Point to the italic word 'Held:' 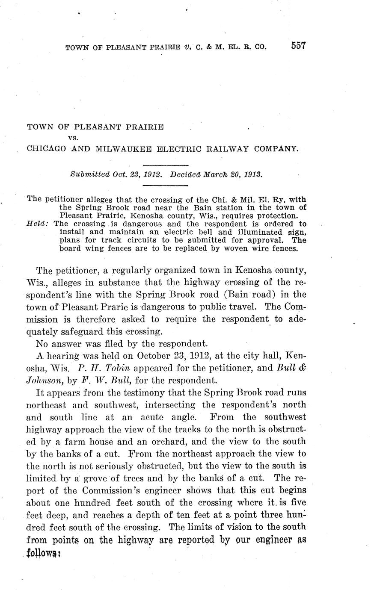37,224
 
